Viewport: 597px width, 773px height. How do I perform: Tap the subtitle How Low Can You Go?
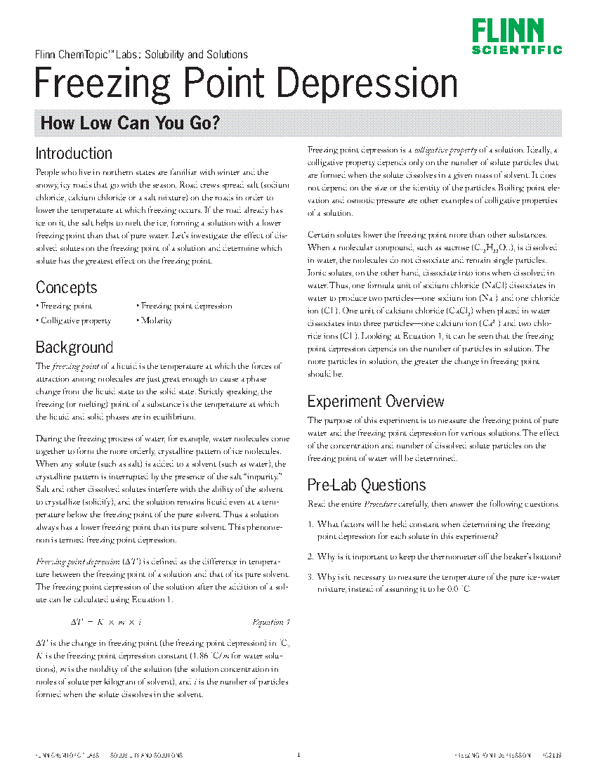131,123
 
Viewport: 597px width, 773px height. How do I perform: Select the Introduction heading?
74,153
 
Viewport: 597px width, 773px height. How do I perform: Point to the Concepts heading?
66,287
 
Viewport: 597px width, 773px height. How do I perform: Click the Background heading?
74,347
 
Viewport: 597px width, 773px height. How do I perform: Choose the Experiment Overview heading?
376,401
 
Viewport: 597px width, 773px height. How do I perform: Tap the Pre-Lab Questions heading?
367,485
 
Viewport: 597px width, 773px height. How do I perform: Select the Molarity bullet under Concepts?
155,320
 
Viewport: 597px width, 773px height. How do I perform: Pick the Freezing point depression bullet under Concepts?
185,306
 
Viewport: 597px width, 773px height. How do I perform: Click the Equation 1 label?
270,622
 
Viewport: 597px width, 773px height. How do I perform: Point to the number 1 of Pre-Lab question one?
310,524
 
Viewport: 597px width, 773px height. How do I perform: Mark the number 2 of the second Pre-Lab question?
310,557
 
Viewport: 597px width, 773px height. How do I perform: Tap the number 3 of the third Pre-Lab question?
310,577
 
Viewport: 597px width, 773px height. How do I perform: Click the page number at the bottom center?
298,755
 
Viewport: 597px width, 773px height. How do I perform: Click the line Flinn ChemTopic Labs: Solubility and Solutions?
141,54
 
